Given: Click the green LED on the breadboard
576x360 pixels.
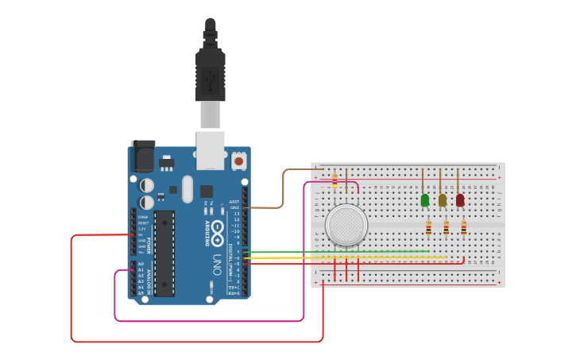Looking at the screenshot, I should click(x=425, y=199).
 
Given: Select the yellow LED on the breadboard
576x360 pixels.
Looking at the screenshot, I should click(x=443, y=199).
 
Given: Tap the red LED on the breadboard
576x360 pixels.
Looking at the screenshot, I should click(x=460, y=199).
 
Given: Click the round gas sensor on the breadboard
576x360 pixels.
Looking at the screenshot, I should click(x=346, y=225).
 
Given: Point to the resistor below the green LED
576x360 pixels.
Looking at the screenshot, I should click(x=428, y=228).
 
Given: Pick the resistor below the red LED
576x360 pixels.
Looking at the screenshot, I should click(x=463, y=228).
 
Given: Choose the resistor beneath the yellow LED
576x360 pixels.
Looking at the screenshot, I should click(x=446, y=228).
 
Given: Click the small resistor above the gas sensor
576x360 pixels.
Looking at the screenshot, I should click(x=334, y=182).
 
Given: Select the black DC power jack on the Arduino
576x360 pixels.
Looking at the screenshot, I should click(x=143, y=157).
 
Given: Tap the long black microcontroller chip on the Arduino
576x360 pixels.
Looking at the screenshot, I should click(x=164, y=254).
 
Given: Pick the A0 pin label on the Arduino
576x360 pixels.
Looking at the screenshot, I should click(x=141, y=264).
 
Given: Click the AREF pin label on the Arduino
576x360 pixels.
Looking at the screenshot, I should click(x=234, y=202).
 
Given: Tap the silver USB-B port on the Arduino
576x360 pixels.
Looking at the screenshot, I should click(x=211, y=150).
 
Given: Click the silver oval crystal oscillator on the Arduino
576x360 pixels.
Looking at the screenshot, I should click(x=187, y=189).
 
